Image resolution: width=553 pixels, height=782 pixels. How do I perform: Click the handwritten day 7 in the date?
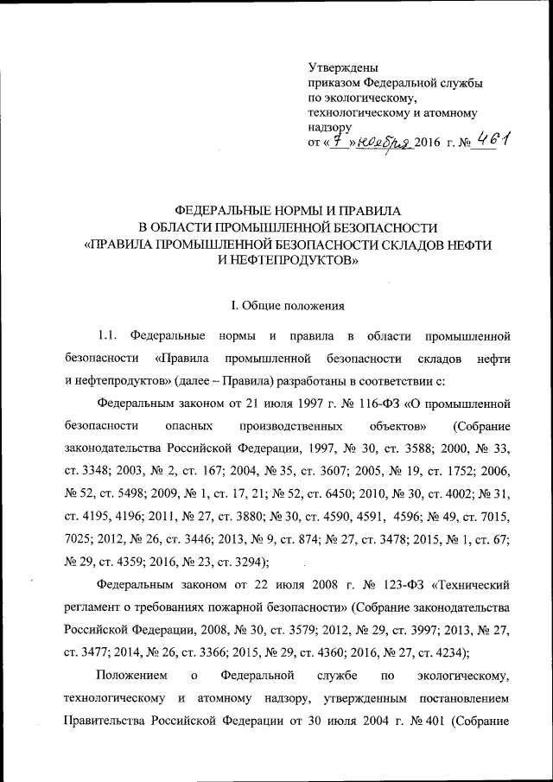click(x=341, y=140)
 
